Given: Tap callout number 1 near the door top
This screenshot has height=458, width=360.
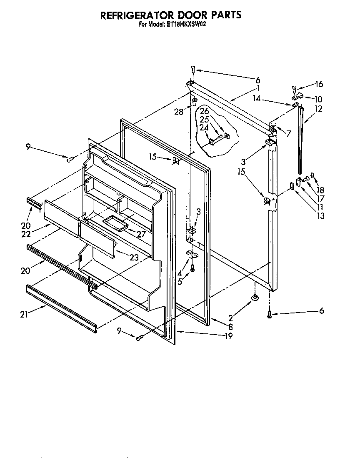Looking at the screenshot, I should tap(258, 88).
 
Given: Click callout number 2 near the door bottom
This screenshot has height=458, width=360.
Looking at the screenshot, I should tap(230, 318).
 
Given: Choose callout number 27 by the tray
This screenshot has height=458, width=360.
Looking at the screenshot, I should tap(141, 234).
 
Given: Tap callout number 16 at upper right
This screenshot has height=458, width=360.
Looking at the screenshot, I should tap(319, 84).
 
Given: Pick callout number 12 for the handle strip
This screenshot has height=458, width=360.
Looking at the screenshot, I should tap(319, 109).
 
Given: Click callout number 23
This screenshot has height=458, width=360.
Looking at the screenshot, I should tap(133, 258).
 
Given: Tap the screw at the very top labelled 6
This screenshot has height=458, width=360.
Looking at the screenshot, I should tap(193, 69).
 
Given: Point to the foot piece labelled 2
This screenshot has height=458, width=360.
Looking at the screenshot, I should tap(254, 297).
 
